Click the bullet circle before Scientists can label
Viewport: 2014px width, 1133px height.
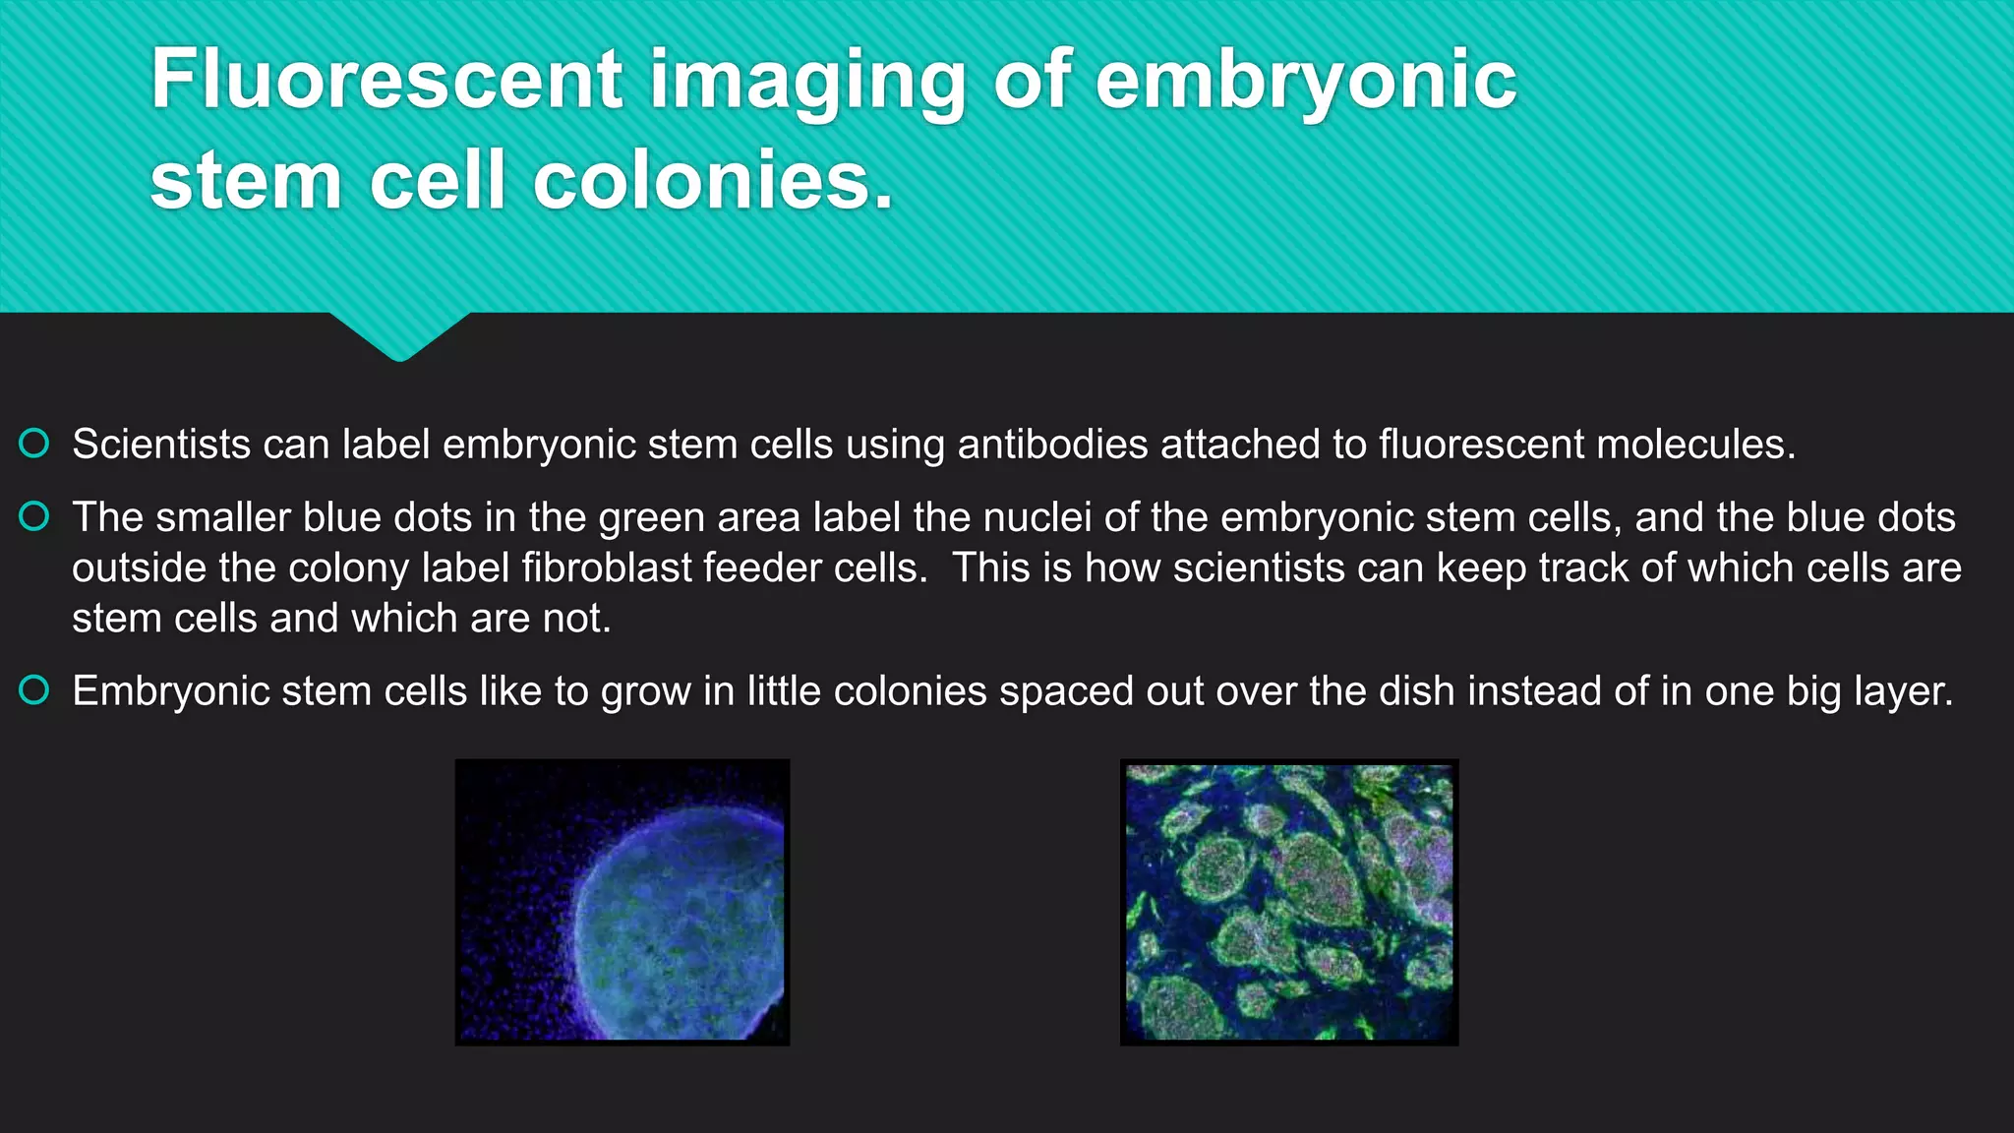pyautogui.click(x=34, y=444)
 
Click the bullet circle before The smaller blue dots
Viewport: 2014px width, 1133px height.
pyautogui.click(x=34, y=516)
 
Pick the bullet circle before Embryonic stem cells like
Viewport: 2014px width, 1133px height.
pyautogui.click(x=34, y=690)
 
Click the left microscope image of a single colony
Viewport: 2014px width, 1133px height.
pyautogui.click(x=622, y=902)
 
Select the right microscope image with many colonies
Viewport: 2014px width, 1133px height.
pyautogui.click(x=1289, y=902)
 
